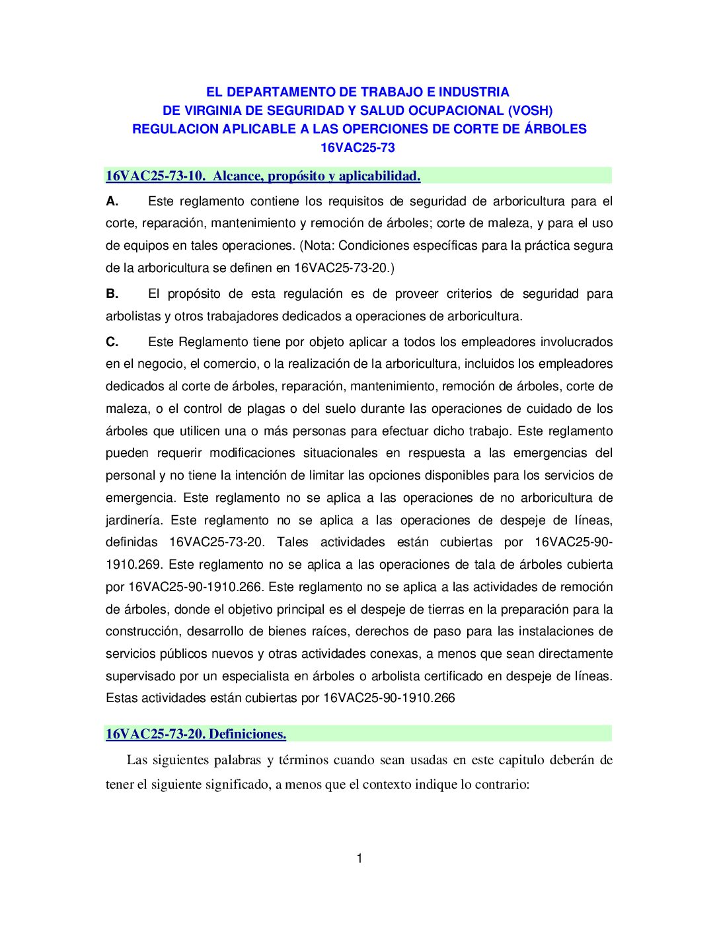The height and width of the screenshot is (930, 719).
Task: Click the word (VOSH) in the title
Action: pos(530,110)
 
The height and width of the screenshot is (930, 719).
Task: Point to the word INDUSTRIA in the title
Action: pos(474,92)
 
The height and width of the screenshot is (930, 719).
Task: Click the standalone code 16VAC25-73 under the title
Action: pos(358,147)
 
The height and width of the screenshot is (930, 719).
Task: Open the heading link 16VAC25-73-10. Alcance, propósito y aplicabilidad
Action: pos(263,176)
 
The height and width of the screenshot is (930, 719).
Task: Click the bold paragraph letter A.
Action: pos(112,201)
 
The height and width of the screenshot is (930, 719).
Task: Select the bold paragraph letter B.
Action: pos(112,293)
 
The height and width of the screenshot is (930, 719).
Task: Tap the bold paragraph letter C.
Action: pos(112,341)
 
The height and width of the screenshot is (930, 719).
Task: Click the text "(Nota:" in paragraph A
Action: pos(317,245)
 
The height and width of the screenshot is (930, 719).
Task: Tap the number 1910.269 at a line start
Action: pos(133,564)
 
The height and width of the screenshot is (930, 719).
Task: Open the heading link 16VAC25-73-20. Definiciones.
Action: pos(196,734)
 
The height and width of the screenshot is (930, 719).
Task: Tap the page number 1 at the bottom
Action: pos(359,858)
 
